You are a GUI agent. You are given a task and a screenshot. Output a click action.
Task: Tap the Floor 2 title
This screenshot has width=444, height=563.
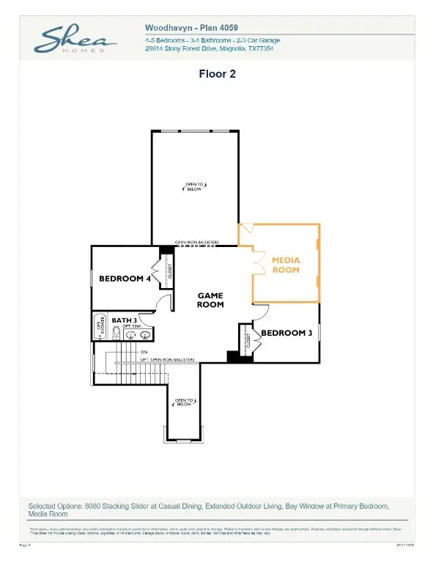(216, 73)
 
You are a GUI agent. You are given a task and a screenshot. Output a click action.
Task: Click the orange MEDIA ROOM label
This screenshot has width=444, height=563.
(286, 265)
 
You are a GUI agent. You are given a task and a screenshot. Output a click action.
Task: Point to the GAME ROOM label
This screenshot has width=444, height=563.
(210, 299)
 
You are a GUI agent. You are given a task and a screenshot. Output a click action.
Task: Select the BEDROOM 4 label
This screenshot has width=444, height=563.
(125, 279)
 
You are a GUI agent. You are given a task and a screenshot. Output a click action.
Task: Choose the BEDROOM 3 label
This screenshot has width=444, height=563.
(286, 333)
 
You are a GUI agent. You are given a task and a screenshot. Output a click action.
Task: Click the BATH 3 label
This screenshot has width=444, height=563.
(125, 320)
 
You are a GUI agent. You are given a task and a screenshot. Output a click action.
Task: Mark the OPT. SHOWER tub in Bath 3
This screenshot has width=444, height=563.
(100, 327)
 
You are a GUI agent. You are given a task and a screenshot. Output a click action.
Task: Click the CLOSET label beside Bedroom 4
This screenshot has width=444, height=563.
(170, 272)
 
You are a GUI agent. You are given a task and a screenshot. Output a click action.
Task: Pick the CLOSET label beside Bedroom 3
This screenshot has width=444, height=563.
(248, 339)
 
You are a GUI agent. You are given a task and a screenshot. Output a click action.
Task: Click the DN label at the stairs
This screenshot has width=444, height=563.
(144, 353)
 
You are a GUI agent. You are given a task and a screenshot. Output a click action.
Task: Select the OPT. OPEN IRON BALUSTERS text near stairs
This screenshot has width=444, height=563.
(167, 360)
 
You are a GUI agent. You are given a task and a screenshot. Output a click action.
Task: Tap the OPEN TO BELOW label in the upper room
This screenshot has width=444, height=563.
(194, 186)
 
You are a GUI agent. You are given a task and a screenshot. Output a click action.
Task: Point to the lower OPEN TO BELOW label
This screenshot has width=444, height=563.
(183, 402)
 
